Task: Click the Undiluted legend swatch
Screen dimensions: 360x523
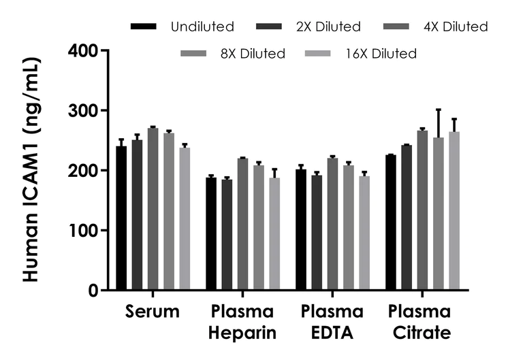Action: [144, 27]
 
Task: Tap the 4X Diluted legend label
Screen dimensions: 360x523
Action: [454, 27]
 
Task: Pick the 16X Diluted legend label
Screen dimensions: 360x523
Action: [381, 53]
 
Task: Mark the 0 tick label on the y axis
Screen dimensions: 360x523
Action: [92, 290]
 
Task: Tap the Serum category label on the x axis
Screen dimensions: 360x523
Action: [153, 312]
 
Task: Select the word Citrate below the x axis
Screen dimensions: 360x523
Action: [420, 333]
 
